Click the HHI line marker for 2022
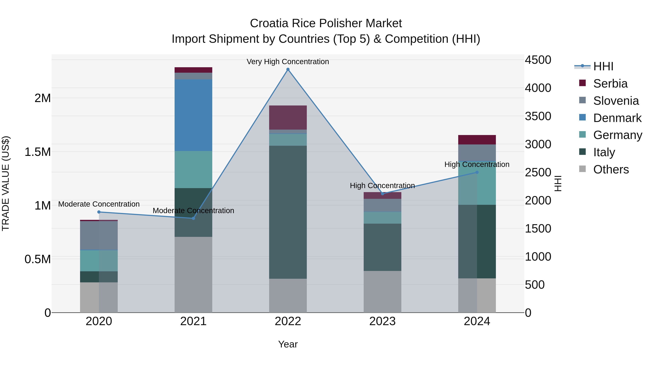click(288, 69)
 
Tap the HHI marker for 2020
click(99, 212)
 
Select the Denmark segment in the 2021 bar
click(193, 115)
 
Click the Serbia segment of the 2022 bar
click(288, 117)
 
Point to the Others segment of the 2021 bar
click(193, 275)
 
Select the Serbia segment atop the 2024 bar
click(477, 140)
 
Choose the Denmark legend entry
click(617, 118)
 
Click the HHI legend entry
click(603, 66)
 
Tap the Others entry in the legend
click(611, 169)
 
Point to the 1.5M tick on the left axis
click(37, 152)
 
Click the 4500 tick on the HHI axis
click(538, 60)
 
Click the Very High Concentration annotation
click(288, 62)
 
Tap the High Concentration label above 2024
click(477, 164)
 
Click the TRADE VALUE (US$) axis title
click(6, 183)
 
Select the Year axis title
click(288, 344)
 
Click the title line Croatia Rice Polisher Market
click(326, 23)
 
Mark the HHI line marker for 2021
click(193, 218)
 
